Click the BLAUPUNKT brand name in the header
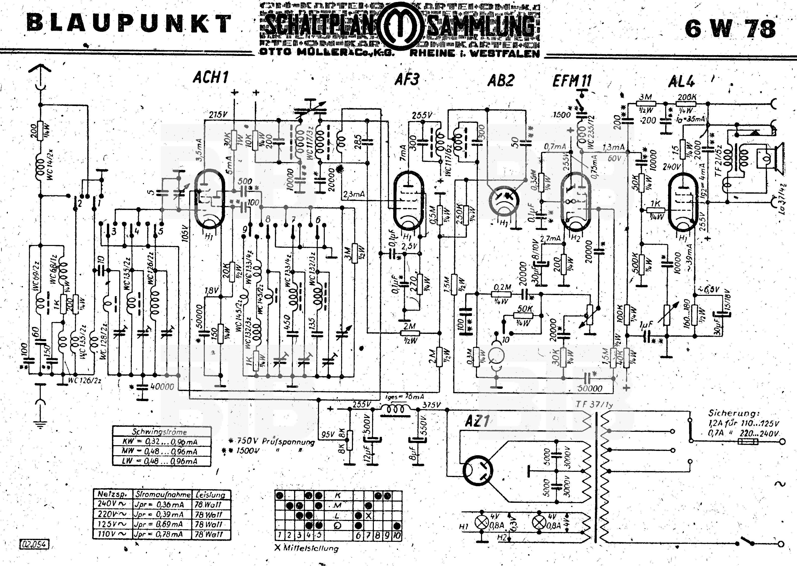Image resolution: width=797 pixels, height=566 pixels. pyautogui.click(x=129, y=24)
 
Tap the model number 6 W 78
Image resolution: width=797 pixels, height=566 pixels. pyautogui.click(x=730, y=29)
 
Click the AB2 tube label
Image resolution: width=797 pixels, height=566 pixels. pyautogui.click(x=501, y=81)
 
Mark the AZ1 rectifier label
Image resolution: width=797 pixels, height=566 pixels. pyautogui.click(x=477, y=422)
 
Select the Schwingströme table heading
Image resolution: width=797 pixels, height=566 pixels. pyautogui.click(x=160, y=432)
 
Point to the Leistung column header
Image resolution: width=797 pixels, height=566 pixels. pyautogui.click(x=211, y=494)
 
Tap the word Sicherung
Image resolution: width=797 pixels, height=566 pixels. pyautogui.click(x=733, y=413)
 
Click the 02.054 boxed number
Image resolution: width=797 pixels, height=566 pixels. pyautogui.click(x=34, y=544)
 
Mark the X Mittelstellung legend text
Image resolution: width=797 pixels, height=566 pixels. pyautogui.click(x=306, y=548)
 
